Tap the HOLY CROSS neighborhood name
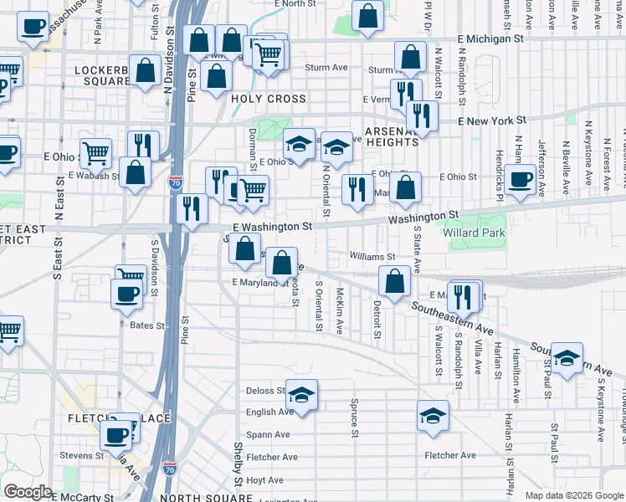[x=268, y=99]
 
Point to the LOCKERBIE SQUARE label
[x=102, y=76]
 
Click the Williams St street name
[x=372, y=257]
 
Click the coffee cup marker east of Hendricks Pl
[x=520, y=178]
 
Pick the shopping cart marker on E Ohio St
[x=97, y=152]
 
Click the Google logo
[x=28, y=492]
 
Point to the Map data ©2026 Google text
[x=574, y=495]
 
